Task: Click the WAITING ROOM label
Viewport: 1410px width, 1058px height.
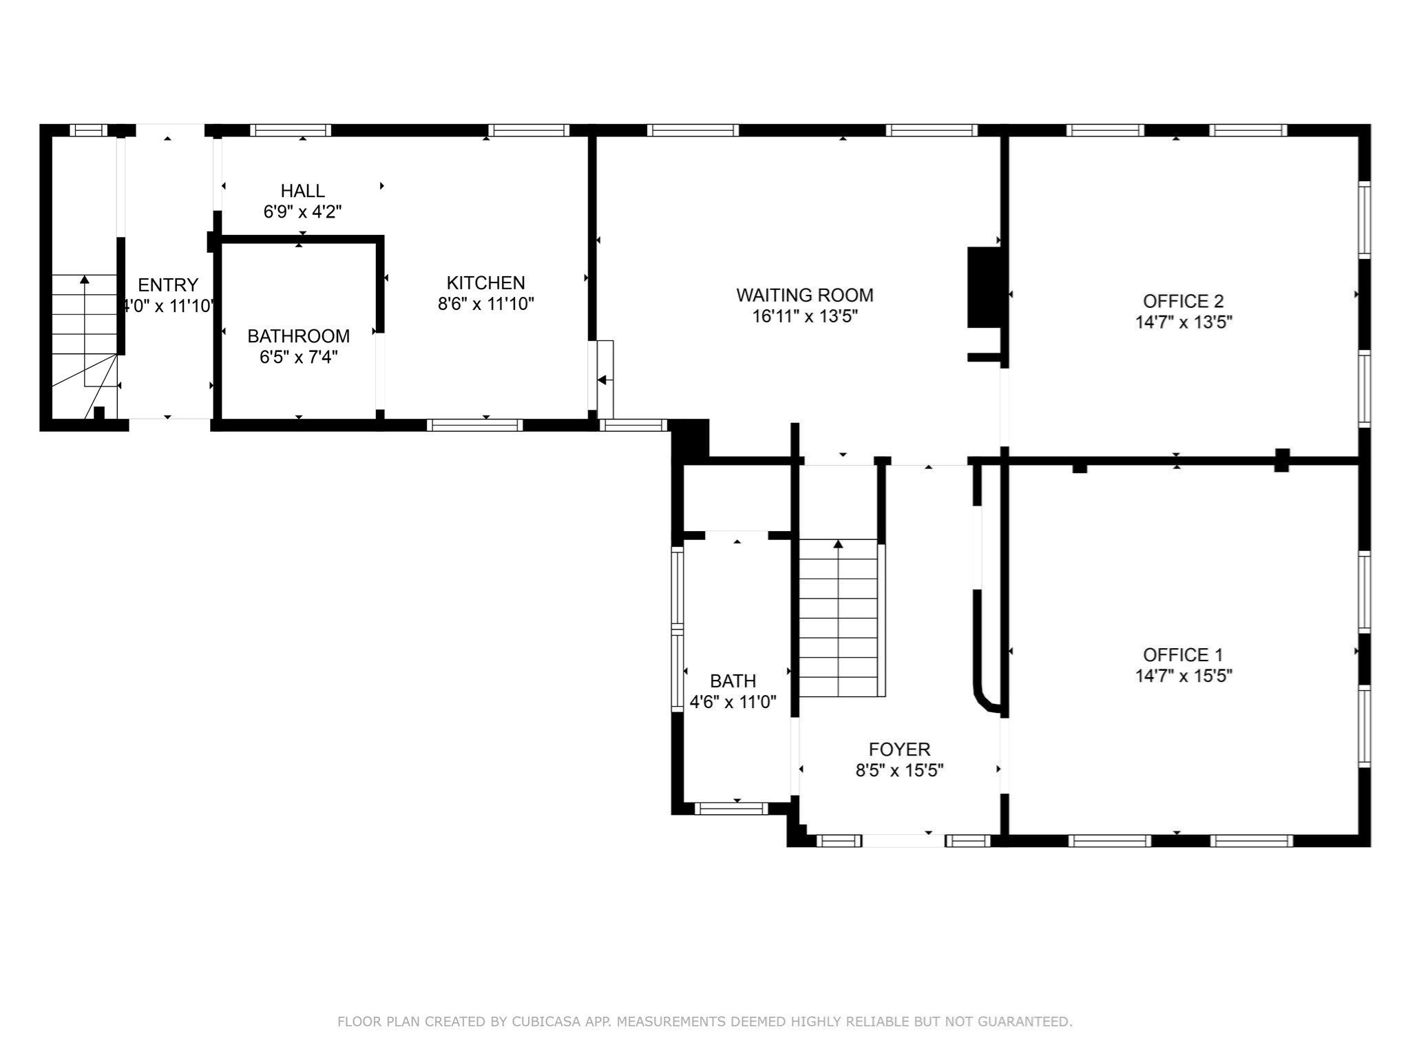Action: (804, 295)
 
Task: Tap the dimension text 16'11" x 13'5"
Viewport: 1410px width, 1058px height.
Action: (804, 317)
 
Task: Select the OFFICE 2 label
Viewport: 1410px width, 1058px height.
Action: (1183, 301)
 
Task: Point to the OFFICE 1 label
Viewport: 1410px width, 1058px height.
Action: (1183, 654)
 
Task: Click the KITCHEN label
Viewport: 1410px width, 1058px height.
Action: (485, 282)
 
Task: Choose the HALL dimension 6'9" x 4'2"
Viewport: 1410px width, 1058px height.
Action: (302, 211)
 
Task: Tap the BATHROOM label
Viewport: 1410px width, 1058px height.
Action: (298, 336)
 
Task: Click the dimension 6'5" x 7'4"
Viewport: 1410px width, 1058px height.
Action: (298, 357)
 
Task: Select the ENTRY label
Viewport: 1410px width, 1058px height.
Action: (167, 284)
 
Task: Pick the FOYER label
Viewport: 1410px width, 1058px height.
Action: (899, 749)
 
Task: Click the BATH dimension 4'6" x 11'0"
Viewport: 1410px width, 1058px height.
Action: (733, 702)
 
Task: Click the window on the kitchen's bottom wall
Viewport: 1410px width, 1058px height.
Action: (474, 425)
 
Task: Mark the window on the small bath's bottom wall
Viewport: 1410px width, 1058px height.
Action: (730, 808)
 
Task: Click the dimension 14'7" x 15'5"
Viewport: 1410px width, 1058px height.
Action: (1183, 676)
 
